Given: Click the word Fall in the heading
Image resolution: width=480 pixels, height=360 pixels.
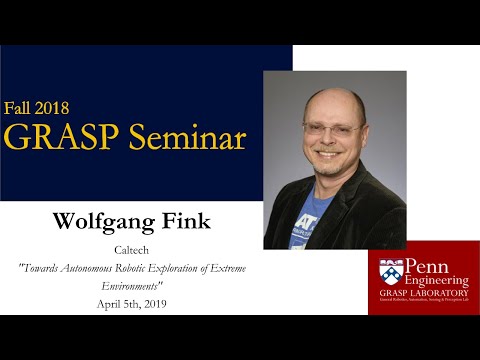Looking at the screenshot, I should point(21,108).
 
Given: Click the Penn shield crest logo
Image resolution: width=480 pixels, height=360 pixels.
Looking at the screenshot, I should point(389,270).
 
